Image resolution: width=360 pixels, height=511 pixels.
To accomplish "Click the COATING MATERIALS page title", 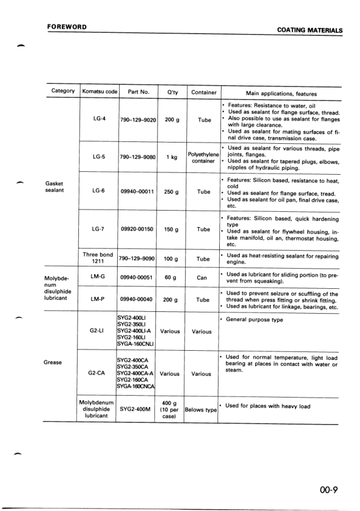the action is (309, 30).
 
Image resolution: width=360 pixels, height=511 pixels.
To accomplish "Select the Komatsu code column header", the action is (100, 92).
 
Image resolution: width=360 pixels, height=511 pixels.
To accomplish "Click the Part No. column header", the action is (138, 92).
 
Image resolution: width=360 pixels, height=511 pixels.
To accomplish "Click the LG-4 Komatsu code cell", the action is (100, 120).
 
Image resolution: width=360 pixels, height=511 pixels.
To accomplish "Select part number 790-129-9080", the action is (138, 157).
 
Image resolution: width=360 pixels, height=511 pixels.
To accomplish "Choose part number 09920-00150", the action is (138, 229).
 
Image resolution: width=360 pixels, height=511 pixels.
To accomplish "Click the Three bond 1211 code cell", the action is (99, 258).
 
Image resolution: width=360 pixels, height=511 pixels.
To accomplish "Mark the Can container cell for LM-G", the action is (203, 277).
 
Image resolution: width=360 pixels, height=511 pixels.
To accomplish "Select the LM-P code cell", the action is (99, 299).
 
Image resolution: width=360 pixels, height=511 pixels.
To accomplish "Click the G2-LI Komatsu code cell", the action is (99, 331).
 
